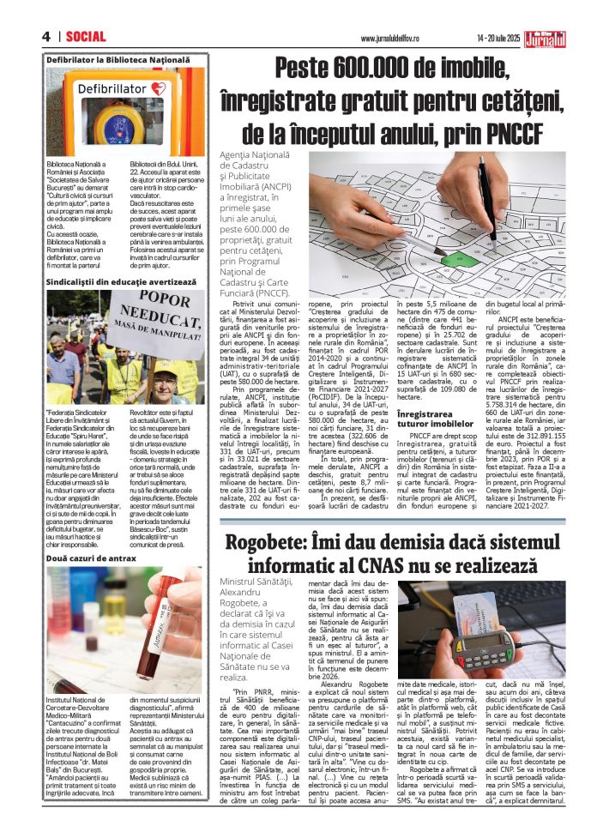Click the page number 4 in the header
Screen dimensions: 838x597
tap(45, 36)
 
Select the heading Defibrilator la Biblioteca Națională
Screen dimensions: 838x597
tap(118, 60)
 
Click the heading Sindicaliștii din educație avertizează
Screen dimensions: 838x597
tap(128, 280)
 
